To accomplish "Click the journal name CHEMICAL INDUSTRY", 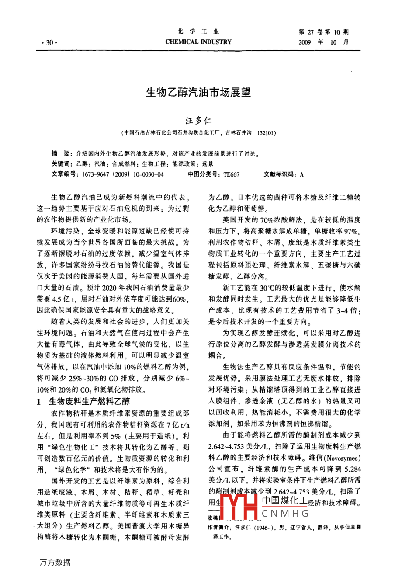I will pos(198,42).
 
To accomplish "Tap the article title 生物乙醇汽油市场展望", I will pos(198,93).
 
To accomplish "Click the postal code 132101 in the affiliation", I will pos(267,132).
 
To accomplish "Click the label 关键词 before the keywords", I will pos(61,164).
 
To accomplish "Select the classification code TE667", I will pos(231,174).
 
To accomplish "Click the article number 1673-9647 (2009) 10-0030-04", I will pos(120,174).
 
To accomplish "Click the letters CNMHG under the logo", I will pos(285,514).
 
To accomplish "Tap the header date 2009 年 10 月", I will pos(324,42).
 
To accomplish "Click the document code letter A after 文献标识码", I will pos(301,174).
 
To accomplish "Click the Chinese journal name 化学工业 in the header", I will pos(198,32).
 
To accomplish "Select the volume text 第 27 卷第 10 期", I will pos(323,32).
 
